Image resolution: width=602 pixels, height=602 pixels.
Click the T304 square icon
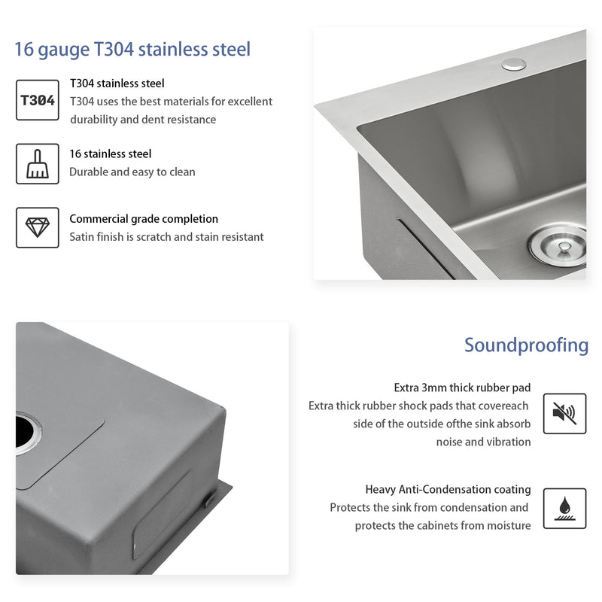[x=37, y=100]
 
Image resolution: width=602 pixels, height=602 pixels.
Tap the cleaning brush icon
[x=37, y=163]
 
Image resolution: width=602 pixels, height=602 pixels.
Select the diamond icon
[x=37, y=227]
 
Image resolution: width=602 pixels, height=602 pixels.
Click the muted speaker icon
[x=564, y=413]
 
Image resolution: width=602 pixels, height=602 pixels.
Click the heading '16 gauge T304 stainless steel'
[x=132, y=50]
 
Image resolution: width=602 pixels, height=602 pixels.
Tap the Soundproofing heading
[x=526, y=345]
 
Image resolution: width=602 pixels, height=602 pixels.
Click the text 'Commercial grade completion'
[x=144, y=219]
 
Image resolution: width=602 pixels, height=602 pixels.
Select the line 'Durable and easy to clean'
[x=132, y=172]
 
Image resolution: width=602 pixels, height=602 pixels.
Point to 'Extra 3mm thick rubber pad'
[x=462, y=388]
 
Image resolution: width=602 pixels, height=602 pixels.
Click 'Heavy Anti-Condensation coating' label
[x=448, y=489]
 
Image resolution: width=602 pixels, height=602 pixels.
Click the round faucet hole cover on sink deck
[x=514, y=63]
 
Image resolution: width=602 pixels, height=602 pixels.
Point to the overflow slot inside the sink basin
[x=426, y=248]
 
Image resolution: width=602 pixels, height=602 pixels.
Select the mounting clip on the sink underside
[x=211, y=497]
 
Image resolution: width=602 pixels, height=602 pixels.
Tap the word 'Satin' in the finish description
[x=84, y=237]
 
